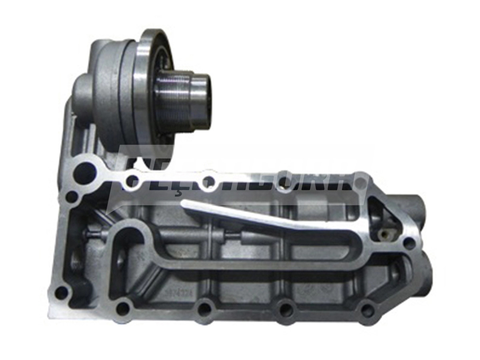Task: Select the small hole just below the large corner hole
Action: [72, 197]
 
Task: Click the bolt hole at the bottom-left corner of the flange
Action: [61, 293]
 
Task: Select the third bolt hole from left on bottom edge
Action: [286, 309]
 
